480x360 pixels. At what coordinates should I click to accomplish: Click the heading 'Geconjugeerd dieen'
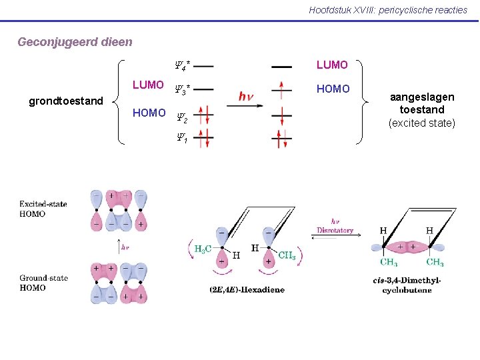pyautogui.click(x=75, y=42)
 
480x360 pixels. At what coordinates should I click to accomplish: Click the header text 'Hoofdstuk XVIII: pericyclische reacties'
pyautogui.click(x=388, y=10)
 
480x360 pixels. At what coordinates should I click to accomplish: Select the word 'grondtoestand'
pyautogui.click(x=66, y=101)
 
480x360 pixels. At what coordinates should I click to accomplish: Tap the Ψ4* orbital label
pyautogui.click(x=182, y=65)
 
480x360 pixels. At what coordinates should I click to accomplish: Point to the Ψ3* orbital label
pyautogui.click(x=182, y=88)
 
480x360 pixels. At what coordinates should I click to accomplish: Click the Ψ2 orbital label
pyautogui.click(x=181, y=118)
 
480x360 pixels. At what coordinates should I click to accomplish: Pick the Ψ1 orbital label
pyautogui.click(x=181, y=139)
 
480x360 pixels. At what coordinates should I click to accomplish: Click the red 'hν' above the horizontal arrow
pyautogui.click(x=245, y=97)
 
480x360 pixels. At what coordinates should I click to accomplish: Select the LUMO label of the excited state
pyautogui.click(x=332, y=65)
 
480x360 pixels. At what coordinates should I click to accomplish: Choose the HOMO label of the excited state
pyautogui.click(x=333, y=89)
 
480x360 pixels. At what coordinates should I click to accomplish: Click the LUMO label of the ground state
pyautogui.click(x=148, y=85)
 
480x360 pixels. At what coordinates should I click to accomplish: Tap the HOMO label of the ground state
pyautogui.click(x=149, y=113)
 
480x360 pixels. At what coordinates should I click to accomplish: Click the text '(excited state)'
pyautogui.click(x=421, y=123)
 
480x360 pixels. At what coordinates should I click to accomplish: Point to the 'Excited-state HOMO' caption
pyautogui.click(x=42, y=209)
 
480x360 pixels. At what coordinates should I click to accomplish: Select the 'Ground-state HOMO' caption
pyautogui.click(x=43, y=283)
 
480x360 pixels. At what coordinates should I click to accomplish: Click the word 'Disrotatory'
pyautogui.click(x=335, y=231)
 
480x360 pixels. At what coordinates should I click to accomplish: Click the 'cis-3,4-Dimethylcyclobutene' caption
pyautogui.click(x=407, y=285)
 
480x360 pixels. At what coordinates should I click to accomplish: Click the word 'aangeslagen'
pyautogui.click(x=421, y=97)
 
